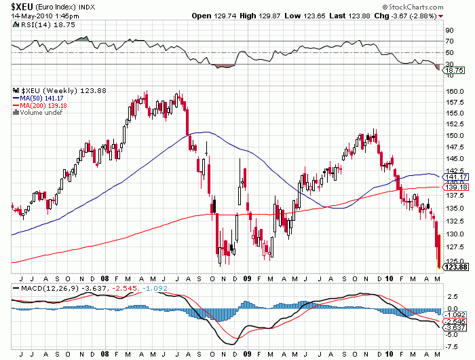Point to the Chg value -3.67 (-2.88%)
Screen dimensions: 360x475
(x=411, y=16)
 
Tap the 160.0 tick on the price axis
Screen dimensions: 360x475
(x=454, y=91)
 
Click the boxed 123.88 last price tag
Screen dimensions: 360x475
(x=455, y=267)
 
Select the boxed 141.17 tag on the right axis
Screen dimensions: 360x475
(x=455, y=177)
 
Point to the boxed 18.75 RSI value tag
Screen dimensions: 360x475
(x=454, y=70)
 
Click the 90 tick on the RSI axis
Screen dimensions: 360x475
(x=449, y=31)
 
